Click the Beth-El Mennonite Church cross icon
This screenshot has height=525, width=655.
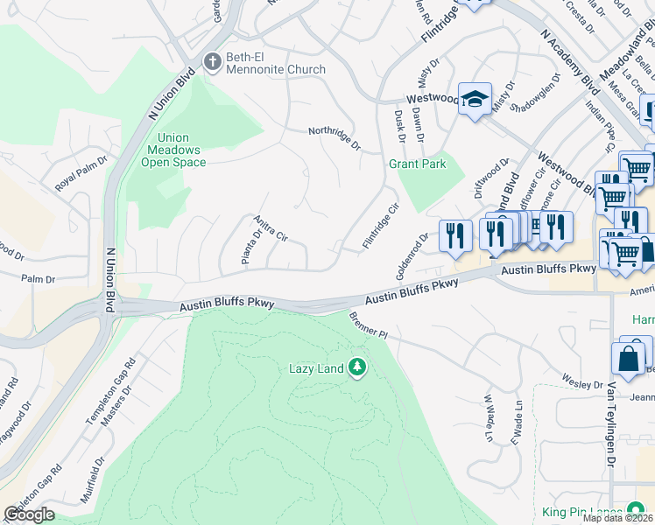(212, 62)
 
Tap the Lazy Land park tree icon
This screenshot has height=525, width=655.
(356, 367)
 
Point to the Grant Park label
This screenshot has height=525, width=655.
(418, 164)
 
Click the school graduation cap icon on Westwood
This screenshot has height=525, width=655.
(475, 99)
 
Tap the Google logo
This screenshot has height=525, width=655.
(29, 514)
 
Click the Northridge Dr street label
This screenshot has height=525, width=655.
(334, 138)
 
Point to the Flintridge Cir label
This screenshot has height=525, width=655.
(381, 224)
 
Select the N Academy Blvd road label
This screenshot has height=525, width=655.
(570, 62)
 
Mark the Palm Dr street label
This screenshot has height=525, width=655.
(39, 279)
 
